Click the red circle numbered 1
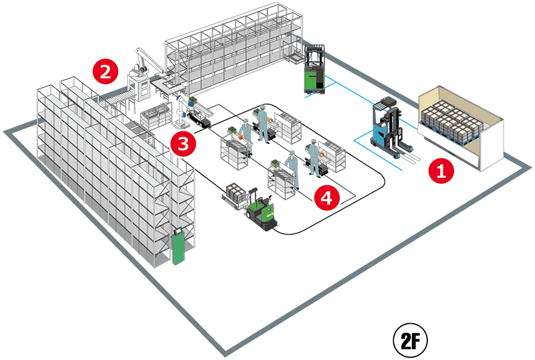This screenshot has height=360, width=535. [441, 171]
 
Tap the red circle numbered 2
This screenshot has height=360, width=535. [106, 72]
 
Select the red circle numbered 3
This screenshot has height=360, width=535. [183, 144]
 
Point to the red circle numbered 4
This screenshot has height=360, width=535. [327, 197]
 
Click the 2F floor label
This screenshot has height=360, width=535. [410, 340]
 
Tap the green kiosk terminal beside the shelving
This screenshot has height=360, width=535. [179, 246]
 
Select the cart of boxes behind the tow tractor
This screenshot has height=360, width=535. [235, 196]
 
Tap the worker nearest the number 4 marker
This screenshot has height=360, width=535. [293, 169]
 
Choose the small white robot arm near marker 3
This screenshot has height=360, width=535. [181, 112]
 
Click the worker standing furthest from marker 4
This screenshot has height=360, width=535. [263, 124]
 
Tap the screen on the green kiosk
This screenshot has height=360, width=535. [178, 231]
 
